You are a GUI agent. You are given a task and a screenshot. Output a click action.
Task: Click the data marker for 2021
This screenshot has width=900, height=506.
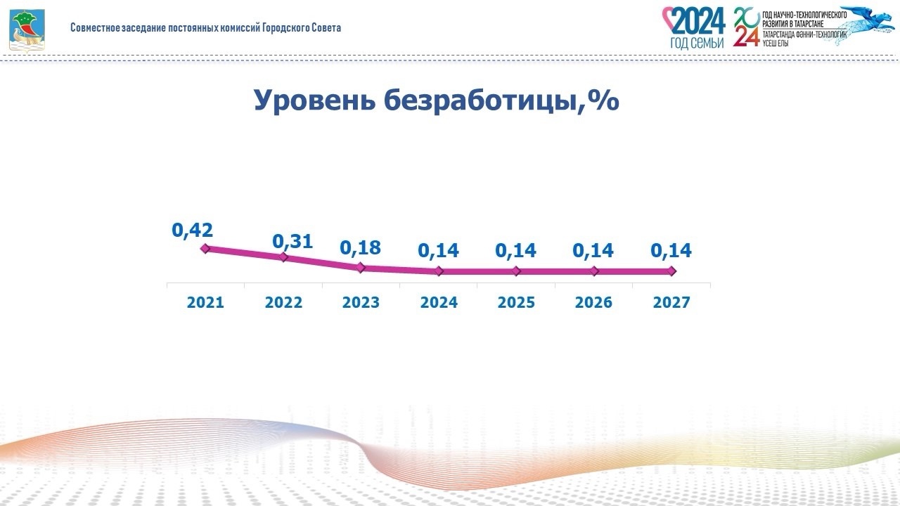coord(205,248)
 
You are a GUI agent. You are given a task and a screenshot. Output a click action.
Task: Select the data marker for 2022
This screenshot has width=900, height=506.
coord(283,257)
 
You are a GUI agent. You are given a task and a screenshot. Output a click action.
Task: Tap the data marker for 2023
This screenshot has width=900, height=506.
coord(361,267)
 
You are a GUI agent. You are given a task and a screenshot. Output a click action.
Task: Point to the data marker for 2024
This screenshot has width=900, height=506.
coord(439,271)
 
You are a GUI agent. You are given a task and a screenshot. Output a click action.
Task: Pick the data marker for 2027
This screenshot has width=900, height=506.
coord(671,271)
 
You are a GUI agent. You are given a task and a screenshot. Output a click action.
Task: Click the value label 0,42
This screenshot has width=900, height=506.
coord(193,230)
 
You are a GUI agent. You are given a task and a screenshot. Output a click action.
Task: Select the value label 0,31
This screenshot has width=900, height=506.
coord(292,242)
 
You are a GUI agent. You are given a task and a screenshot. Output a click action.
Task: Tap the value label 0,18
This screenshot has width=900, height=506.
coord(360,248)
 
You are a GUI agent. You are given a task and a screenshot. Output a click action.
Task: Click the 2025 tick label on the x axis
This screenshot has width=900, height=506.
coord(516,303)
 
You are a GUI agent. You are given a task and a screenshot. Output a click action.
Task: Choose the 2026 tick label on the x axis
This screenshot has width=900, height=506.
coord(593,303)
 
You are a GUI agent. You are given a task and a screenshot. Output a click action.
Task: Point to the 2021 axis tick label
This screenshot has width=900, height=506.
coord(205,303)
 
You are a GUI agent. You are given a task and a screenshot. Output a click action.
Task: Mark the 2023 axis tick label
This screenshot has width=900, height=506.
coord(361,303)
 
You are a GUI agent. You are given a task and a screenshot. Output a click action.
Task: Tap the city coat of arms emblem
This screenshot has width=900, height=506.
coord(26,29)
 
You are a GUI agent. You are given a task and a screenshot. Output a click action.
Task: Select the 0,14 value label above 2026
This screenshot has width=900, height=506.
coord(593,250)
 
